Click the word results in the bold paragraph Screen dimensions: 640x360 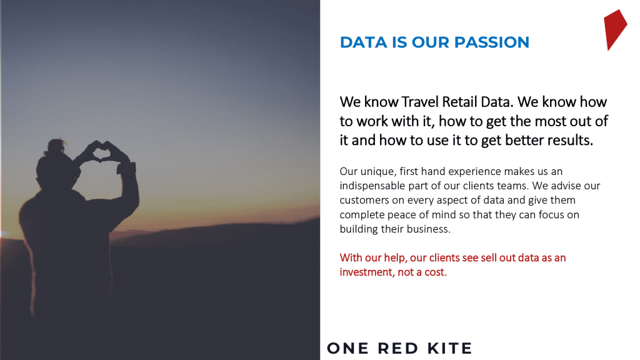[x=570, y=140]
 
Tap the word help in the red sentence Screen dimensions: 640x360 [x=395, y=258]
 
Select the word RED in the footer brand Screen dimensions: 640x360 [x=398, y=348]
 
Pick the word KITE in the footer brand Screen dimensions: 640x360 [x=450, y=348]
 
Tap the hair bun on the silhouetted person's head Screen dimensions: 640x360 [x=56, y=146]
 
